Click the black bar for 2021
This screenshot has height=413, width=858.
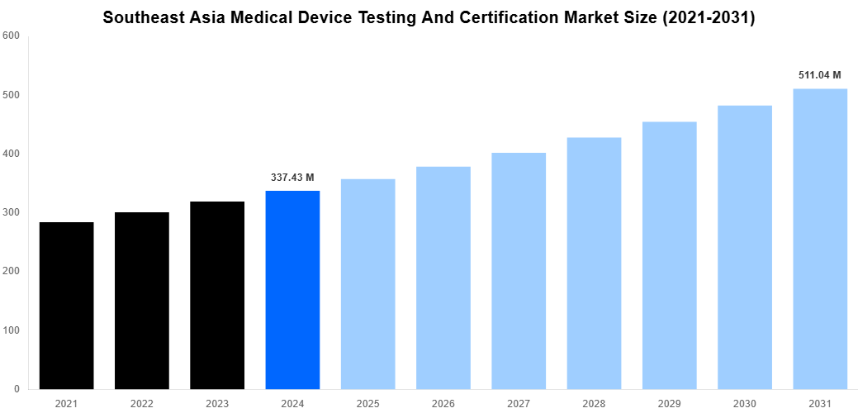click(66, 306)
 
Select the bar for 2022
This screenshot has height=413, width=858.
click(142, 301)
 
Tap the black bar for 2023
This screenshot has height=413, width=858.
click(217, 295)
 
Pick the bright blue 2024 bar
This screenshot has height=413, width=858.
click(292, 290)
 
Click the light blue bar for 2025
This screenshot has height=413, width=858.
click(367, 284)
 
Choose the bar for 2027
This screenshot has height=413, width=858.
click(519, 271)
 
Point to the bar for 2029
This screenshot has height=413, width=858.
click(669, 255)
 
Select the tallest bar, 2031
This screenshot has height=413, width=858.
click(820, 239)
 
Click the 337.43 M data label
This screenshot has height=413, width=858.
click(292, 178)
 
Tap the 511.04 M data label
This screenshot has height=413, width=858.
click(820, 75)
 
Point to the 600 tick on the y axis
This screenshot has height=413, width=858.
click(11, 36)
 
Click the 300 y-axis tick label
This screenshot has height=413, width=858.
click(11, 212)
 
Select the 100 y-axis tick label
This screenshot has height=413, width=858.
click(11, 330)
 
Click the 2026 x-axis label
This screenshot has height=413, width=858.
click(443, 403)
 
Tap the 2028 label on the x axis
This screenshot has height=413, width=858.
click(594, 403)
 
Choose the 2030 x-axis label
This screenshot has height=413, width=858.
click(745, 403)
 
